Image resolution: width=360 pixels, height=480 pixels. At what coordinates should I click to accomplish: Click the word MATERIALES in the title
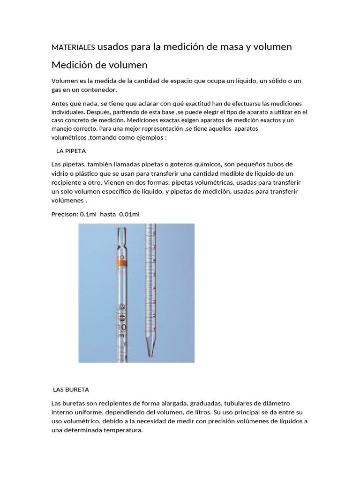coord(73,47)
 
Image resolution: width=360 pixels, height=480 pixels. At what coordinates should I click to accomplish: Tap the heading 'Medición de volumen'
coord(99,65)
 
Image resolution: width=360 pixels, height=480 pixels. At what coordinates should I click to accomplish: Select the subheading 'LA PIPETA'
coord(71,151)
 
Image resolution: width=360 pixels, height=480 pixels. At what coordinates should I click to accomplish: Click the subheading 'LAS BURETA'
coord(71,390)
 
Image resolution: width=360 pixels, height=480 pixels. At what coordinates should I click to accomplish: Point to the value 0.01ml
coord(129,214)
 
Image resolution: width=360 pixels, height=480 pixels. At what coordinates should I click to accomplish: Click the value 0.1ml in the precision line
coord(88,214)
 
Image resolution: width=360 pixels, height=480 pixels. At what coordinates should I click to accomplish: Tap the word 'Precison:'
coord(65,214)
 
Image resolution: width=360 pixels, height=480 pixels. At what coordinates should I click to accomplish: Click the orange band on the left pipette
coord(120,261)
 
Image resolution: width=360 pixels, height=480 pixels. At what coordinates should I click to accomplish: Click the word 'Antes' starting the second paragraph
coord(60,103)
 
